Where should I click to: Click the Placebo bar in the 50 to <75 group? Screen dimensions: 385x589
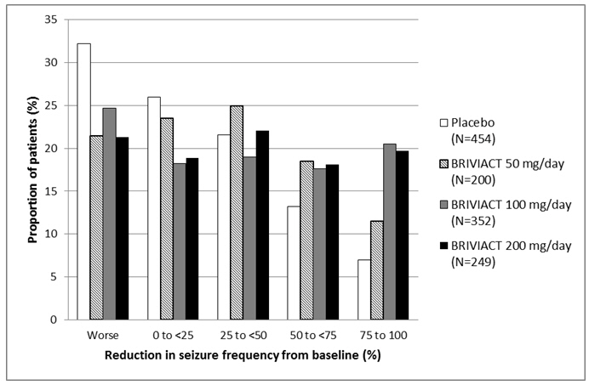[x=294, y=263]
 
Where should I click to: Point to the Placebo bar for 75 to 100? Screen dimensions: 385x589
[x=363, y=290]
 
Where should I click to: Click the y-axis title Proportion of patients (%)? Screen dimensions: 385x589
[x=32, y=170]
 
